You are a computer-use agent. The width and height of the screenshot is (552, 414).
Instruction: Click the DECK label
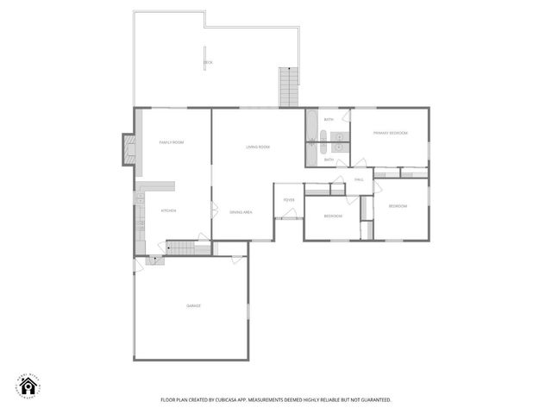[x=208, y=63]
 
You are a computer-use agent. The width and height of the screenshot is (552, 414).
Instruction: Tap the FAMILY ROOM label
[x=172, y=141]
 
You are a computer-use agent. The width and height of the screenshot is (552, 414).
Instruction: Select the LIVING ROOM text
[x=258, y=147]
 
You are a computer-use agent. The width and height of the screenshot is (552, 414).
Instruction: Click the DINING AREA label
[x=241, y=212]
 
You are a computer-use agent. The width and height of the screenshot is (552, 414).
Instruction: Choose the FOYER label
[x=289, y=200]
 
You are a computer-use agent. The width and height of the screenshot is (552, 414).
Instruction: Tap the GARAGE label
[x=194, y=305]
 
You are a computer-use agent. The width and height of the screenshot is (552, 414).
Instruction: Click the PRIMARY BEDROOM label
[x=390, y=134]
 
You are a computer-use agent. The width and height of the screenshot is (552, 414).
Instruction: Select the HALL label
[x=360, y=179]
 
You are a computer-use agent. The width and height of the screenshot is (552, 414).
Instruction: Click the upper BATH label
[x=329, y=119]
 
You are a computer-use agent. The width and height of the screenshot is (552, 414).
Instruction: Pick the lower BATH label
[x=329, y=160]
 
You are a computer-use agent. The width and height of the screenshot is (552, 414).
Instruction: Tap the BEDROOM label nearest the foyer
[x=333, y=216]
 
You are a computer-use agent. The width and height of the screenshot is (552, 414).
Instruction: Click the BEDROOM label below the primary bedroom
[x=398, y=206]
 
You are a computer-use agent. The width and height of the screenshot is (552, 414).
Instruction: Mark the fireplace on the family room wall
[x=129, y=147]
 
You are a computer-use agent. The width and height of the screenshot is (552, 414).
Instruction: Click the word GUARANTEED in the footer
[x=374, y=400]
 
